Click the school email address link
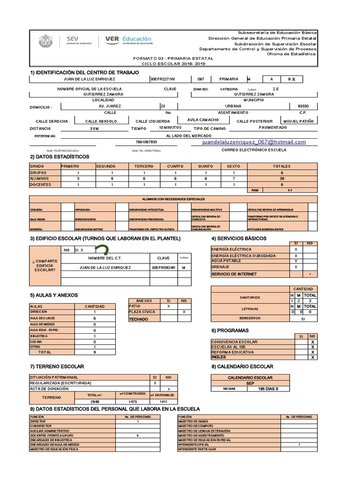click(254, 142)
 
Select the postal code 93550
click(303, 106)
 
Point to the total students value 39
click(282, 179)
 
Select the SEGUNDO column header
click(105, 166)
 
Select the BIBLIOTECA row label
click(39, 336)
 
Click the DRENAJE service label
click(220, 267)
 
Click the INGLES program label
click(219, 357)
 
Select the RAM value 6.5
click(290, 190)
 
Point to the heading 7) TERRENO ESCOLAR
click(57, 366)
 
